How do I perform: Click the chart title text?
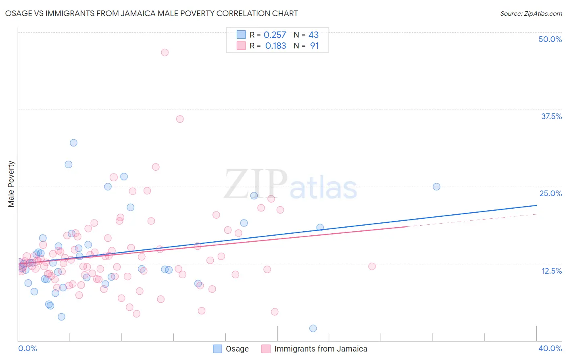152,13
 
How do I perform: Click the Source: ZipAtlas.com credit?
531,13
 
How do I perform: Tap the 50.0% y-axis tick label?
550,39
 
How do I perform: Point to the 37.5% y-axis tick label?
551,116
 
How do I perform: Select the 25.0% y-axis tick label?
550,193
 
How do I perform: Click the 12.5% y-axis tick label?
551,271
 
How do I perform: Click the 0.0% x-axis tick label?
27,348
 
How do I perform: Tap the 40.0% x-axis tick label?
550,348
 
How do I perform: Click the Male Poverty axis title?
11,184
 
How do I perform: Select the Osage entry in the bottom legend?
231,349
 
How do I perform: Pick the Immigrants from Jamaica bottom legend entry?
315,349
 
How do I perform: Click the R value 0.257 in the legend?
275,35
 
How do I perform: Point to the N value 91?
314,46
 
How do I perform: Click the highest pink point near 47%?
165,52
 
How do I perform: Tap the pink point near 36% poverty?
180,119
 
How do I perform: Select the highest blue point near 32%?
73,143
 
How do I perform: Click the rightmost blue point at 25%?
436,187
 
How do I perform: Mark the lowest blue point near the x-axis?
313,329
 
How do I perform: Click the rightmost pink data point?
372,266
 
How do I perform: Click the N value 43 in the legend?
313,35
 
